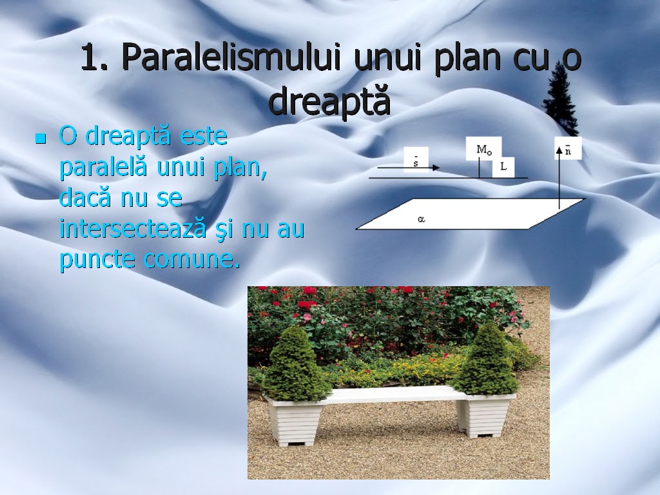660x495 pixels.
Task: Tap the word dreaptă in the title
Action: (330, 101)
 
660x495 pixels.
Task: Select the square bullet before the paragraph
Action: (41, 138)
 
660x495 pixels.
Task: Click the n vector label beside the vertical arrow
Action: (568, 150)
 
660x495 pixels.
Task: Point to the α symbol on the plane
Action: (422, 219)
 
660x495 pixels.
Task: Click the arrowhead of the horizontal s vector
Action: (436, 168)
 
